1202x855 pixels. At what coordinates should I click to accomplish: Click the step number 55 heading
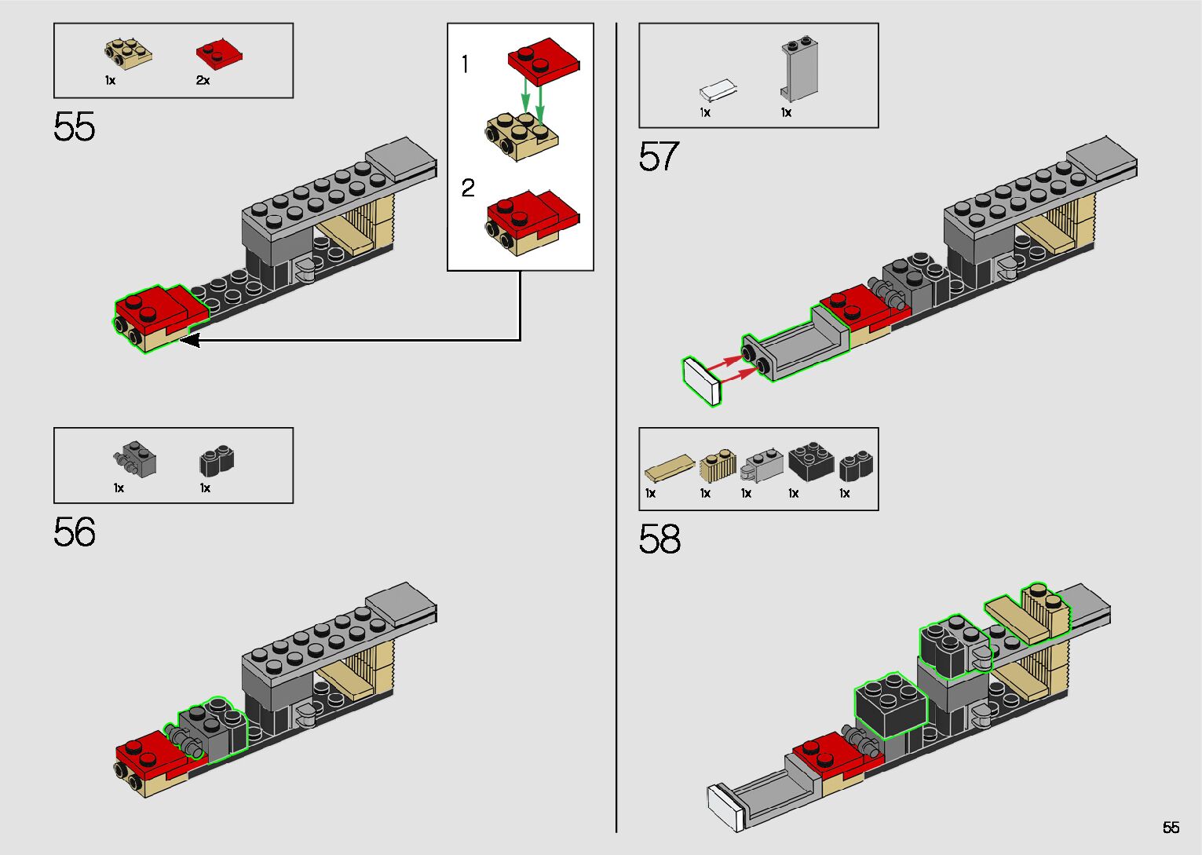tap(74, 126)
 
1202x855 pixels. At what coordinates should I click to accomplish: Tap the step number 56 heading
tap(74, 532)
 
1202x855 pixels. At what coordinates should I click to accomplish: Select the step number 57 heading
tap(659, 156)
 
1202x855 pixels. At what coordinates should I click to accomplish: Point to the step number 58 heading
tap(659, 539)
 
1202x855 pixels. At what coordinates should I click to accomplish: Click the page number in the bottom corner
tap(1171, 827)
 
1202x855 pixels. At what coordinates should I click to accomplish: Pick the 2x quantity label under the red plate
tap(203, 81)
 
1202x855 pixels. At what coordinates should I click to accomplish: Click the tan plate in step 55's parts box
tap(128, 53)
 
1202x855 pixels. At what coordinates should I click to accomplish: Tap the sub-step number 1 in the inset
tap(465, 64)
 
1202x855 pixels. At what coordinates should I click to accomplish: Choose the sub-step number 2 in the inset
tap(468, 188)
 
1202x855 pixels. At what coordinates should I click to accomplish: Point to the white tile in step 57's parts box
tap(718, 90)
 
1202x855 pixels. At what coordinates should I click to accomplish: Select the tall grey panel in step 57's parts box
tap(799, 69)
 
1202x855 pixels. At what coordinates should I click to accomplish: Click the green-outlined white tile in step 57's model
tap(702, 382)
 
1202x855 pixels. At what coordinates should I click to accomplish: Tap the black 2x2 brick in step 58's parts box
tap(811, 462)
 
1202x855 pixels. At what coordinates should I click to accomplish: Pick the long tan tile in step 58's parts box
tap(670, 467)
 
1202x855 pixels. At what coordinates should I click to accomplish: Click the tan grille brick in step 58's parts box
tap(718, 466)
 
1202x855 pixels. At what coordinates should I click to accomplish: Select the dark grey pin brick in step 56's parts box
tap(135, 459)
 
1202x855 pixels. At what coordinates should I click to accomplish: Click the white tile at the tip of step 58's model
tap(725, 808)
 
